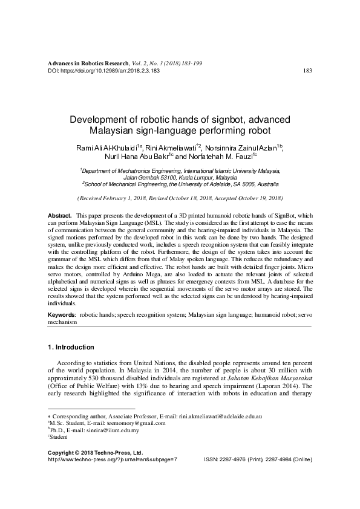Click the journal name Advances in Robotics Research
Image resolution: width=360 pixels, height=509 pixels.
coord(88,63)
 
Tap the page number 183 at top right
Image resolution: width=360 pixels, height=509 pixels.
coord(307,71)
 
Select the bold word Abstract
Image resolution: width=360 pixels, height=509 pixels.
coord(59,216)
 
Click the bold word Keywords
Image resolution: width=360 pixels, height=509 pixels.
coord(62,316)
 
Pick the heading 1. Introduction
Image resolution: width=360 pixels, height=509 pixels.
coord(70,348)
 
